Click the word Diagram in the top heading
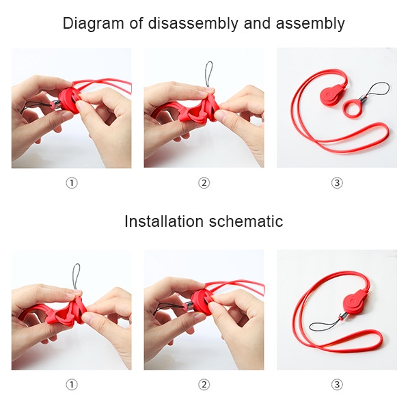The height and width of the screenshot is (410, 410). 93,23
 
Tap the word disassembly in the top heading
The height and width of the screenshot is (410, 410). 193,23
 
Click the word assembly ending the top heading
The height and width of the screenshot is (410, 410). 310,23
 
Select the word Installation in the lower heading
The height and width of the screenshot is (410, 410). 164,221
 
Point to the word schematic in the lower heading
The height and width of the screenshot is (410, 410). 246,221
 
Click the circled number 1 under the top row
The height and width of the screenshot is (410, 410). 72,182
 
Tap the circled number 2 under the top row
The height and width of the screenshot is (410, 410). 204,182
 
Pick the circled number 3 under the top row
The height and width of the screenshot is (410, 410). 337,182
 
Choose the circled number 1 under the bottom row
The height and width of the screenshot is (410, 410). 72,385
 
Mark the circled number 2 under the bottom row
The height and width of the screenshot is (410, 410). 204,385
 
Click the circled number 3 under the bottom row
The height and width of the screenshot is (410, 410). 337,385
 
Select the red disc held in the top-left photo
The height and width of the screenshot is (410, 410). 68,101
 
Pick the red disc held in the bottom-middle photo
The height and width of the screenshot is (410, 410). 200,303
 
